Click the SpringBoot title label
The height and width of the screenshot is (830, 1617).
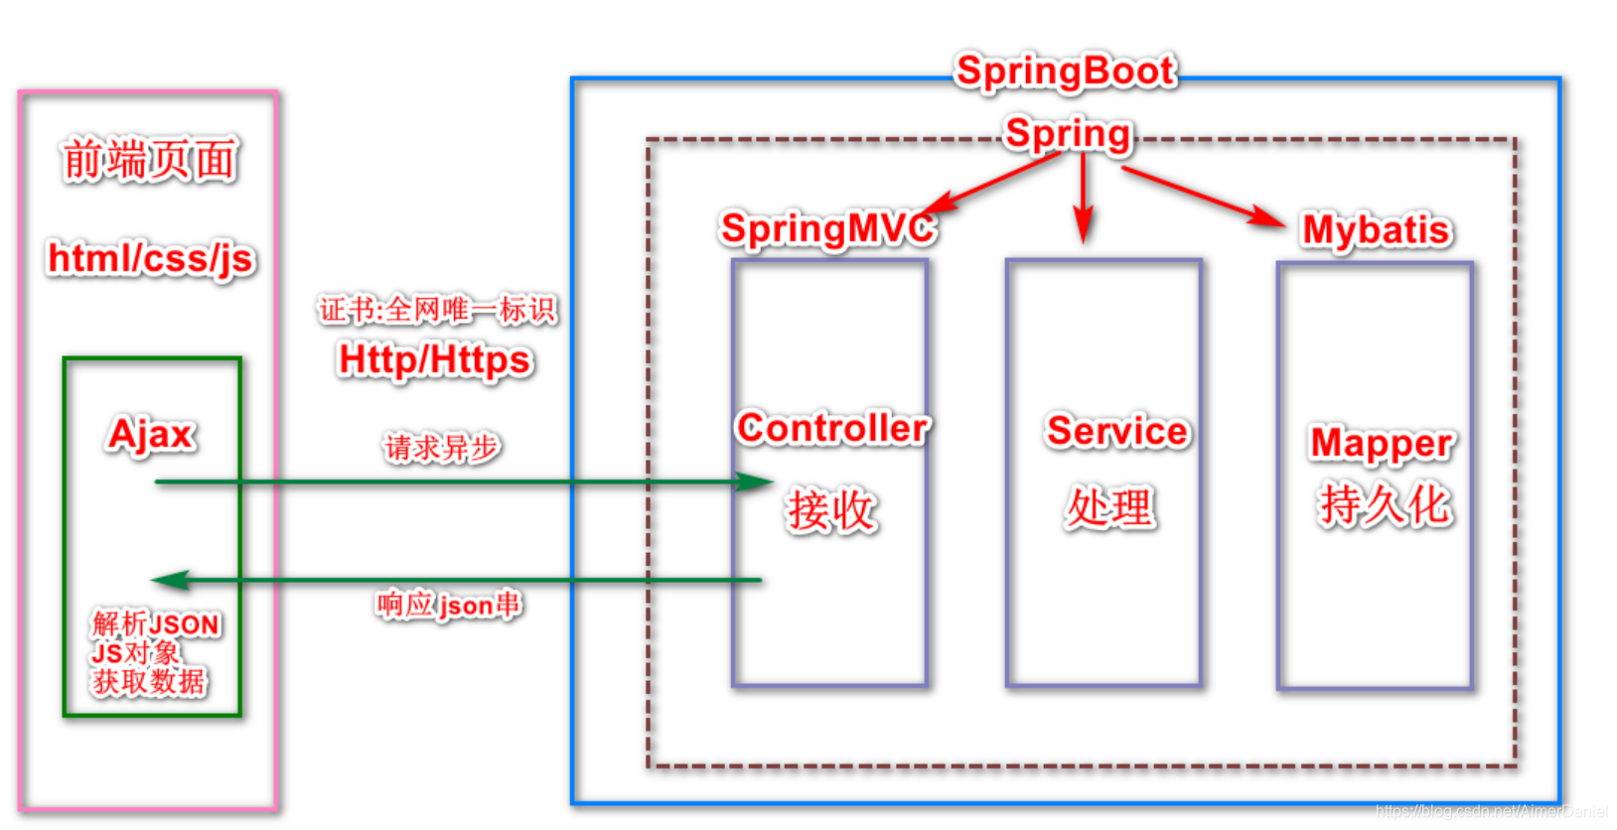[x=1065, y=71]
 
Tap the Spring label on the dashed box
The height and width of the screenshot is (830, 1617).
[x=1068, y=134]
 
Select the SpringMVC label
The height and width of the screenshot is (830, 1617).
[x=826, y=228]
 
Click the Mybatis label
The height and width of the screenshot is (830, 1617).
[x=1376, y=230]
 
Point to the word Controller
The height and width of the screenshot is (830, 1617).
[x=832, y=428]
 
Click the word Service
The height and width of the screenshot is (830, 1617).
[x=1116, y=431]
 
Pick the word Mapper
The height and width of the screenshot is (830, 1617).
[x=1381, y=443]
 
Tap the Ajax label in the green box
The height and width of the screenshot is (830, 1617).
[x=151, y=435]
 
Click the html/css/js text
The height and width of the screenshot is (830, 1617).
[x=151, y=259]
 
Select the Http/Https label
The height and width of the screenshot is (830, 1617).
[x=435, y=359]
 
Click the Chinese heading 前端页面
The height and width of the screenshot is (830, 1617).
[x=150, y=160]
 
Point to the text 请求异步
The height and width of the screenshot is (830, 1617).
[x=442, y=448]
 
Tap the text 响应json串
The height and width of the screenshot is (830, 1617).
[x=448, y=605]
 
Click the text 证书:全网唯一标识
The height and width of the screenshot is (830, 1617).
[x=437, y=310]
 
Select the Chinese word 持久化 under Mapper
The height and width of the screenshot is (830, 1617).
[x=1384, y=504]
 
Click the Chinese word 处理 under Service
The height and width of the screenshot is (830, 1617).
[x=1109, y=507]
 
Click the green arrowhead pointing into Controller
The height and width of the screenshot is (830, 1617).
[x=757, y=483]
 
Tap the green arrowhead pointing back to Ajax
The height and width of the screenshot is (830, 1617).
[x=169, y=581]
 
